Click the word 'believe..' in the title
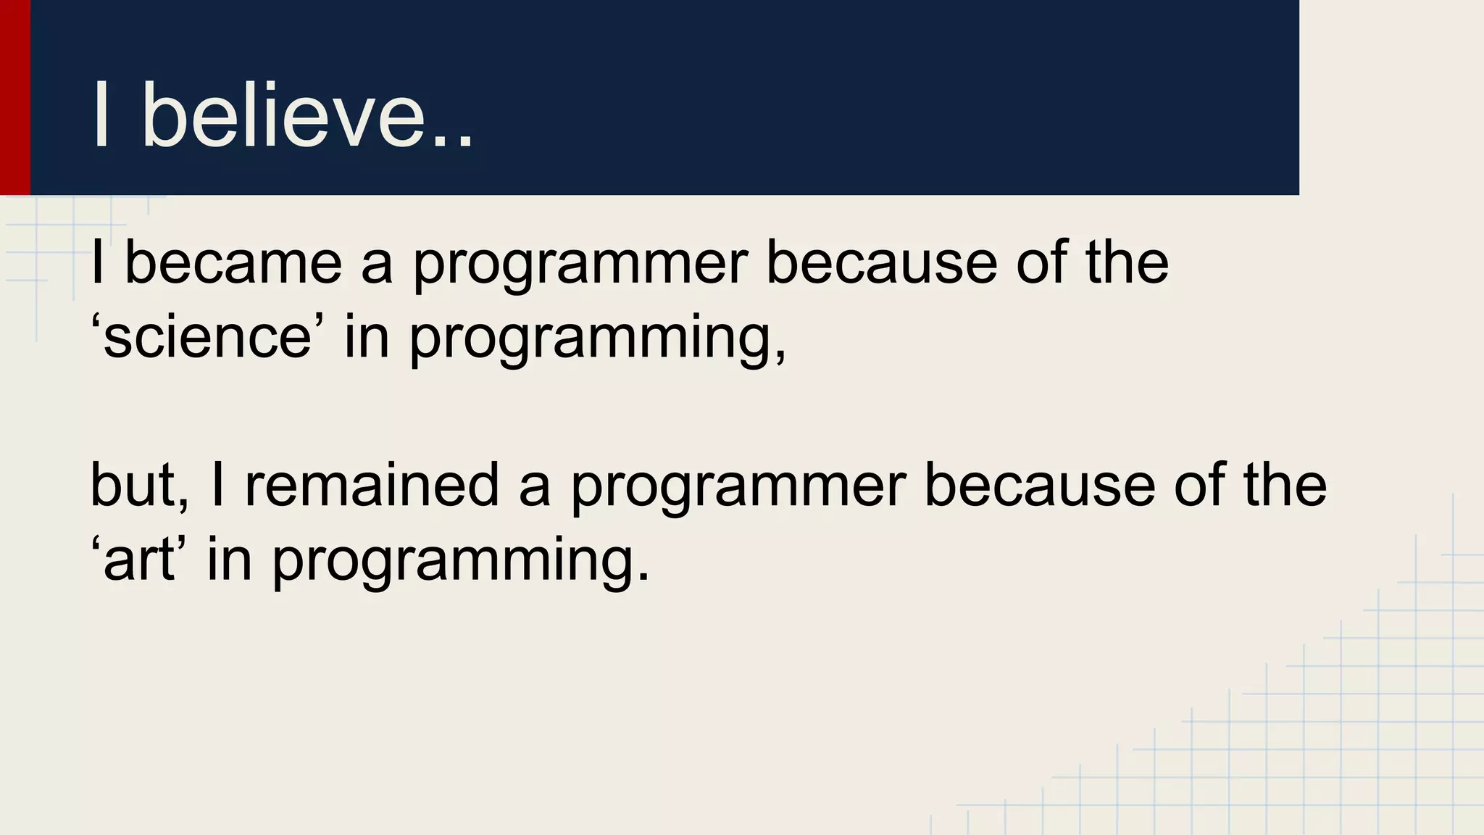tap(307, 116)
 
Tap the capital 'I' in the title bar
tap(101, 116)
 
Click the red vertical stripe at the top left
tap(14, 97)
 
